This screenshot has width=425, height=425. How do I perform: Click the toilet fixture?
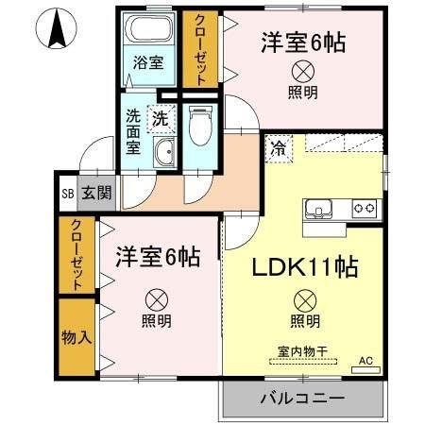pos(200,126)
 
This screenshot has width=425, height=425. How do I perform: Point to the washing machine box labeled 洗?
pos(161,119)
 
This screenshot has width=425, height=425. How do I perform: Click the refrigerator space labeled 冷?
pos(279,146)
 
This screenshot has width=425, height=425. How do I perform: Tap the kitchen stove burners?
pos(365,208)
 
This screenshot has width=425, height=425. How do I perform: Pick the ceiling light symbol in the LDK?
pos(303,300)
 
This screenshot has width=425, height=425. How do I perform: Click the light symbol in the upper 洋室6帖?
pos(303,70)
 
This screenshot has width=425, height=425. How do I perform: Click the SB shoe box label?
pos(67,193)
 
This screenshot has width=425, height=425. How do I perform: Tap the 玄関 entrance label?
pos(95,193)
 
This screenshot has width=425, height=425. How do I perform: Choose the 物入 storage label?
pos(76,337)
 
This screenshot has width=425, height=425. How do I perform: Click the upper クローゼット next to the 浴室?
pos(201,49)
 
